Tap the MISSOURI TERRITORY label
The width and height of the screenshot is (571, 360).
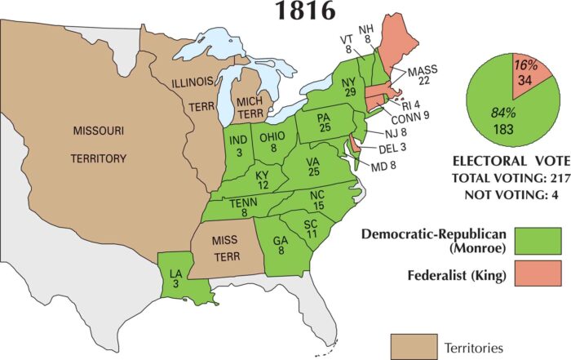pyautogui.click(x=97, y=144)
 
